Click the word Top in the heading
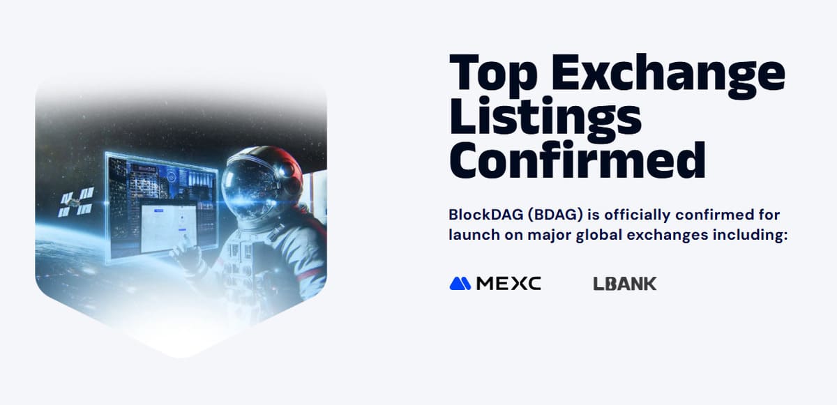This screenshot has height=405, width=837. coord(493,73)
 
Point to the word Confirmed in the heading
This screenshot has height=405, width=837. coord(578,160)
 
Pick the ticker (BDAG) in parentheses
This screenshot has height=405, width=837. coord(556,215)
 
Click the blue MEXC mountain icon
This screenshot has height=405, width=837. coord(460,283)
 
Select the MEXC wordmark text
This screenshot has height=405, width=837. coord(508,284)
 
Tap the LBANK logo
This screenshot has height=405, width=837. coord(625,284)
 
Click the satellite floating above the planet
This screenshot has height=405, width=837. coord(77,202)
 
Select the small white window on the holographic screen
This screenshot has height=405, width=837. coord(169,228)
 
